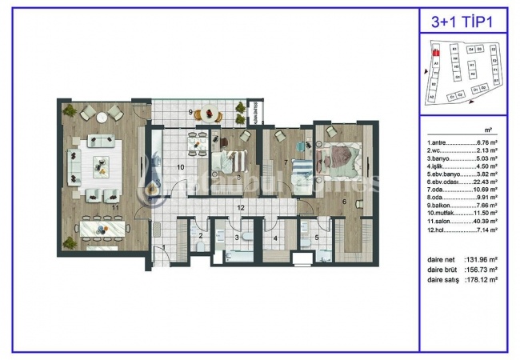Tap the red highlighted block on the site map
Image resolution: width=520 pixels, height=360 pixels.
(x=435, y=54)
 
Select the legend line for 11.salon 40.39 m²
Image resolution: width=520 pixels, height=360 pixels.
(x=463, y=222)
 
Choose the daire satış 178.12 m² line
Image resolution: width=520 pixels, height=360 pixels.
(x=463, y=281)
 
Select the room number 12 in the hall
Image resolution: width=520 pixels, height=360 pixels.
(x=240, y=207)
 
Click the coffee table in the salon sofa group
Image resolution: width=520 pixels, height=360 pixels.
(x=102, y=166)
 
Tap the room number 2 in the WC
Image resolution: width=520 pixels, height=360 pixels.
(x=200, y=235)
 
